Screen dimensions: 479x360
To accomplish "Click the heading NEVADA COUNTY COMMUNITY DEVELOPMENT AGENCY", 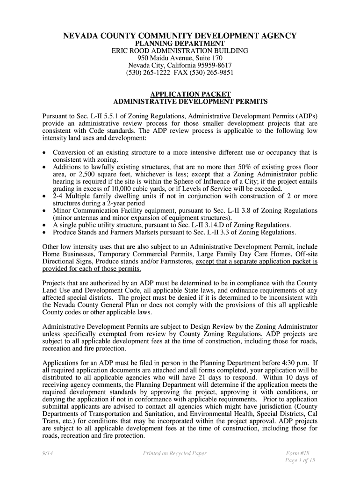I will pyautogui.click(x=180, y=36).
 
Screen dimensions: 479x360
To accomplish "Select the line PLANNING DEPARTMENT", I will pyautogui.click(x=180, y=44).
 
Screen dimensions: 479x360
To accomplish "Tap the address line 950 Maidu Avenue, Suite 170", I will pyautogui.click(x=180, y=58).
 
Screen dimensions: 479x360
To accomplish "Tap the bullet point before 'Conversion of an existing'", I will pyautogui.click(x=44, y=153).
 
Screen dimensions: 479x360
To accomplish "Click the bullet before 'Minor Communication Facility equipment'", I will pyautogui.click(x=44, y=211).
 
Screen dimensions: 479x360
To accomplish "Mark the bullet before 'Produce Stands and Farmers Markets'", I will pyautogui.click(x=44, y=232).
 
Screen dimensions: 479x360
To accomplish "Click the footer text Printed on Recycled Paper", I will pyautogui.click(x=175, y=453).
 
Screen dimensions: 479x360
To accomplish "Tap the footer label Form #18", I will pyautogui.click(x=297, y=453).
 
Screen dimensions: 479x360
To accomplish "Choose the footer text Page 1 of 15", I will pyautogui.click(x=300, y=460).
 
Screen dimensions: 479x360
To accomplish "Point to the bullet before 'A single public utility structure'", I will pyautogui.click(x=44, y=225).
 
